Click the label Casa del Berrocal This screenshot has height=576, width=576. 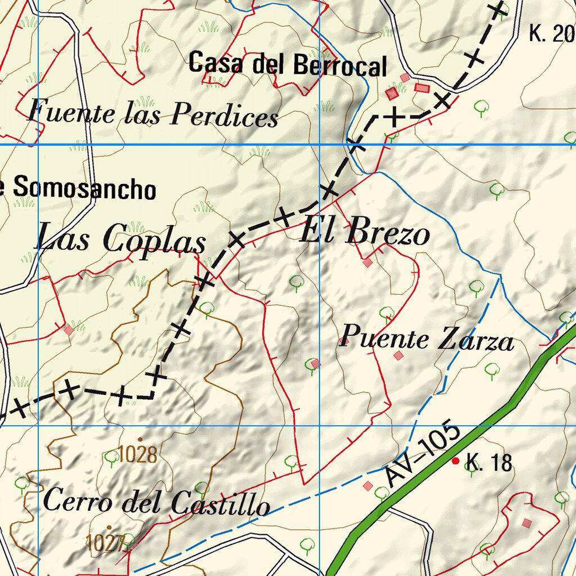tap(287, 64)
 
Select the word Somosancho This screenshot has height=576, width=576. tap(84, 188)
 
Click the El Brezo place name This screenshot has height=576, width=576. tap(365, 232)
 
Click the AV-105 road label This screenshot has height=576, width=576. tap(424, 456)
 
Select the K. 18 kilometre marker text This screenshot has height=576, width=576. tap(489, 463)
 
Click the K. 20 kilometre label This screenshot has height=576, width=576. tap(551, 34)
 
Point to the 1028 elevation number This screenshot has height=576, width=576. tap(138, 454)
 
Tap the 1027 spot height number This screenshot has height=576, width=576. tap(105, 543)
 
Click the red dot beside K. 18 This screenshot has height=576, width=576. tap(456, 461)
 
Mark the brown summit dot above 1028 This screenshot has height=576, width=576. tap(139, 440)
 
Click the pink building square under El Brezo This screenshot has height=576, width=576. tap(367, 263)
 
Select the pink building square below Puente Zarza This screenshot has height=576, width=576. tap(398, 355)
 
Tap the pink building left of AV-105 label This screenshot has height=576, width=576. tap(368, 485)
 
